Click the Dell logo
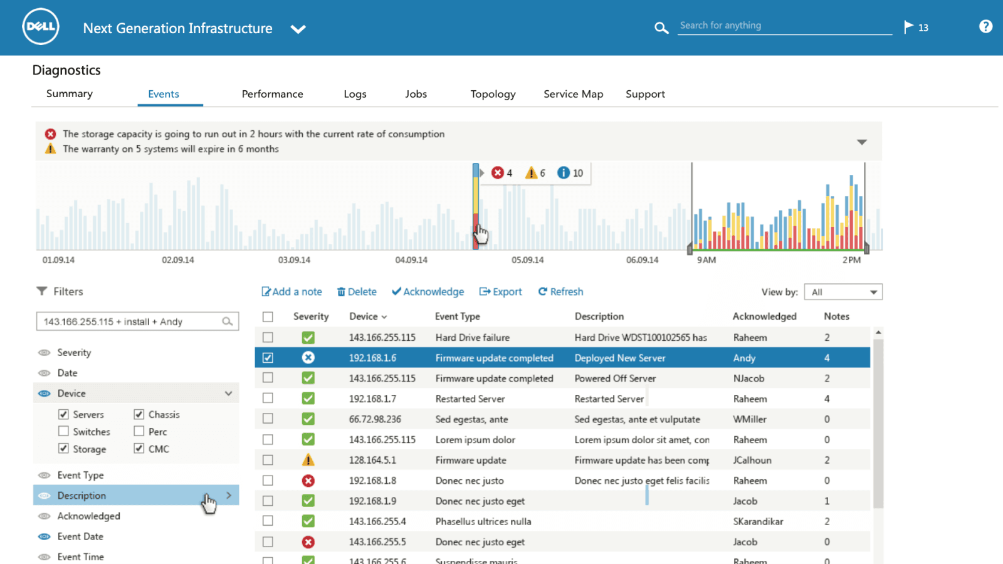(41, 27)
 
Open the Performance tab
(272, 94)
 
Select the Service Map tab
(573, 94)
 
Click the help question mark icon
(985, 26)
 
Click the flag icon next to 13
(908, 27)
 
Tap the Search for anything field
(784, 26)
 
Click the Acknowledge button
(428, 292)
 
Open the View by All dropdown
(843, 292)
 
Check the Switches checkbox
(63, 431)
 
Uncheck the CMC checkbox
(139, 449)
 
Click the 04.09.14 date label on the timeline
(411, 260)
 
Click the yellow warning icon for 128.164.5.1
(308, 460)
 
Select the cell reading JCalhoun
(752, 460)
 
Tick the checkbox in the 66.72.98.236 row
(268, 419)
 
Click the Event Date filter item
(80, 536)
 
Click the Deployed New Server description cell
(620, 358)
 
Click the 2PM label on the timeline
(851, 260)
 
